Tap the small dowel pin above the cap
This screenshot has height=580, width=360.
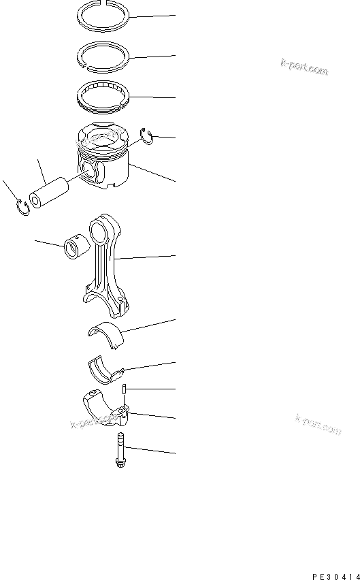tap(126, 389)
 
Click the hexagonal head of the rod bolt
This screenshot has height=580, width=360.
tap(120, 463)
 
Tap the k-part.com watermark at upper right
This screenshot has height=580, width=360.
tap(304, 67)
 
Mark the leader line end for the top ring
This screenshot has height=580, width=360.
tap(175, 14)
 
